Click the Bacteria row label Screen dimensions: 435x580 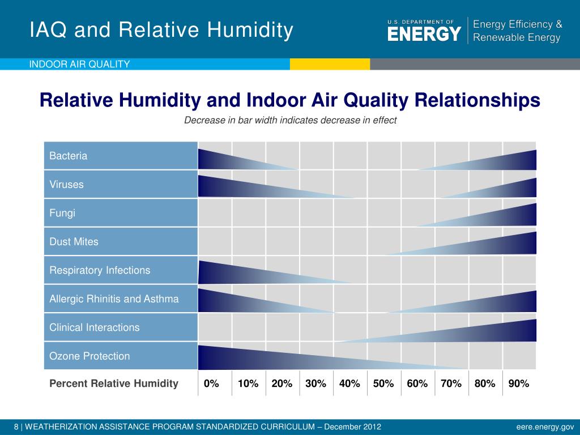pyautogui.click(x=69, y=156)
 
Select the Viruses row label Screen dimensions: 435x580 pyautogui.click(x=67, y=185)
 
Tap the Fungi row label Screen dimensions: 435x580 pyautogui.click(x=62, y=213)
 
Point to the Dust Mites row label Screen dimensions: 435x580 pyautogui.click(x=74, y=242)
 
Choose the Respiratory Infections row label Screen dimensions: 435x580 pyautogui.click(x=100, y=270)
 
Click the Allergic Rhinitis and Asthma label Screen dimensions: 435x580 pyautogui.click(x=114, y=299)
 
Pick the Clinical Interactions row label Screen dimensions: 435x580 pyautogui.click(x=95, y=327)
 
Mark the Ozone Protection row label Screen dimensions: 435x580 pyautogui.click(x=90, y=356)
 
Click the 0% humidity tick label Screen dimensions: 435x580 pyautogui.click(x=211, y=383)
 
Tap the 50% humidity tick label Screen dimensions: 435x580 pyautogui.click(x=383, y=383)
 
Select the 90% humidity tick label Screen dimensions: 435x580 pyautogui.click(x=519, y=383)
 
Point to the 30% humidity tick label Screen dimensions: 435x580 pyautogui.click(x=315, y=383)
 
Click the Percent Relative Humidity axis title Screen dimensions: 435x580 pyautogui.click(x=114, y=383)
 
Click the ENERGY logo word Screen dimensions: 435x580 pyautogui.click(x=424, y=34)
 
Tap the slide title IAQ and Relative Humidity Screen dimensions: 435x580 pyautogui.click(x=161, y=30)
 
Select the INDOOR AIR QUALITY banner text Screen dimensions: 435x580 pyautogui.click(x=80, y=64)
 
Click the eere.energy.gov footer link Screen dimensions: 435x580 pyautogui.click(x=545, y=427)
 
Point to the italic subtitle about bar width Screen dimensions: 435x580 pyautogui.click(x=291, y=121)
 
